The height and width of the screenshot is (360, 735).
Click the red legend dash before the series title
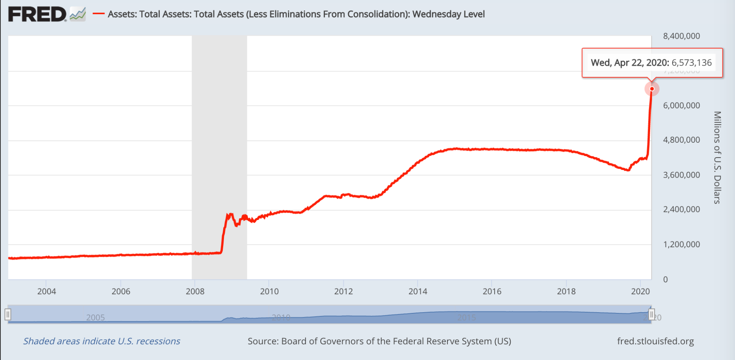click(98, 14)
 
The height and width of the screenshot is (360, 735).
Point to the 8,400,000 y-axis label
click(681, 36)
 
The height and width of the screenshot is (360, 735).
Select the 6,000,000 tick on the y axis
click(681, 106)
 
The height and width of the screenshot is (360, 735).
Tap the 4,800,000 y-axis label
click(681, 140)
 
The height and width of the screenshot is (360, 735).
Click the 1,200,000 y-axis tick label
click(681, 244)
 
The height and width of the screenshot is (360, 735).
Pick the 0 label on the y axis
click(665, 280)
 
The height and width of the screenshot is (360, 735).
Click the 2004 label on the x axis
click(46, 292)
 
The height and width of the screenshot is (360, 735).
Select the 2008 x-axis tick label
click(195, 292)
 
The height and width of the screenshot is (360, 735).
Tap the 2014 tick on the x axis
click(418, 292)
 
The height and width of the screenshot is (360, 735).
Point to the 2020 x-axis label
click(640, 292)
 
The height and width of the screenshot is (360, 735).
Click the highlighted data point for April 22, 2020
click(652, 89)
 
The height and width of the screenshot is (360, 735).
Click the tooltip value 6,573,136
click(692, 63)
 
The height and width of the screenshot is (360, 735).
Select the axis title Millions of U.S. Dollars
click(717, 157)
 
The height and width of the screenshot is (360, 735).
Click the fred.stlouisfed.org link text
click(655, 341)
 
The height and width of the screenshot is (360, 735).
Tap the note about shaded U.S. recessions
click(101, 341)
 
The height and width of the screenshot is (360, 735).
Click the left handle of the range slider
click(8, 314)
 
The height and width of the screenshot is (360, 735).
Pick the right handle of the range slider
click(652, 314)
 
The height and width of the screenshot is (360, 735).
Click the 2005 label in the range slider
click(95, 318)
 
